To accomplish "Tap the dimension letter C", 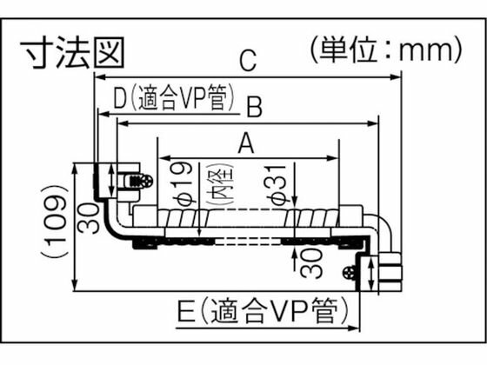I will pos(248,61).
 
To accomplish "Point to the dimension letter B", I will pos(254,107).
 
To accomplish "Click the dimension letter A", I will pos(247,144).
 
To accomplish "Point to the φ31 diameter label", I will pos(280,185).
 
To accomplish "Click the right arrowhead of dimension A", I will pos(335,158).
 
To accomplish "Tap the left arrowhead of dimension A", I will pos(160,158).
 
